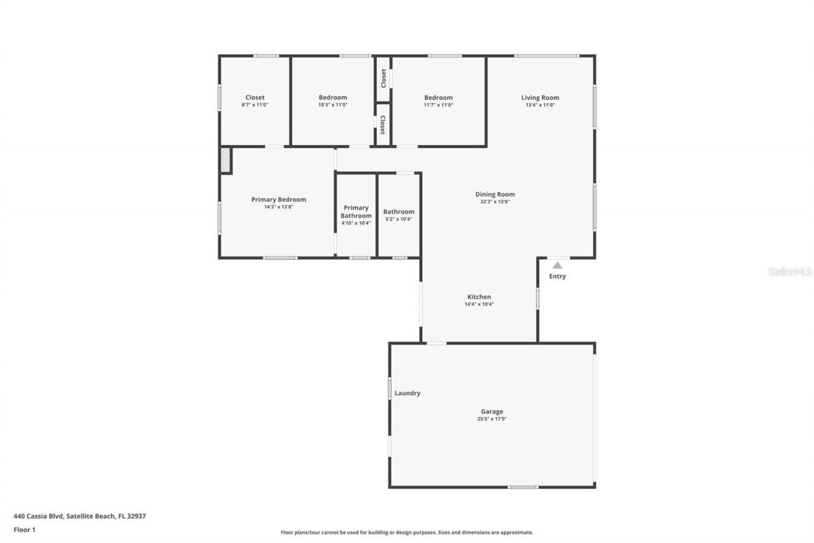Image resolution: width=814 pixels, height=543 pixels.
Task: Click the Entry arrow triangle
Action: tap(557, 265)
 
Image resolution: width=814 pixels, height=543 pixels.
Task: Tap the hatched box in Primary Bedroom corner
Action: tap(226, 160)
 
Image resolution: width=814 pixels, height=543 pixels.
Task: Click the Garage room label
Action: tap(492, 411)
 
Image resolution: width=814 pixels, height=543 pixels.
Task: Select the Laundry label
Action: tap(408, 393)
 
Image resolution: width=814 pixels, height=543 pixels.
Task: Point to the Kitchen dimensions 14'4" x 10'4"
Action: tap(479, 304)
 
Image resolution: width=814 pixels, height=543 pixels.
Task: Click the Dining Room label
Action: tap(495, 194)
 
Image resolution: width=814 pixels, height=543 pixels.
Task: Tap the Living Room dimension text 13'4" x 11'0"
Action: tap(540, 105)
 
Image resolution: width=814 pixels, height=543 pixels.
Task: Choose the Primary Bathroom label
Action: tap(356, 212)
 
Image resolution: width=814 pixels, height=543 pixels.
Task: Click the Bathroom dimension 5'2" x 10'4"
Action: tap(399, 219)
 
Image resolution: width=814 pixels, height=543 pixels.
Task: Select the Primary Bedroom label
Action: tap(279, 199)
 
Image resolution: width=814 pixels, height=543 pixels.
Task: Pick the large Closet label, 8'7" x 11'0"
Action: tap(255, 97)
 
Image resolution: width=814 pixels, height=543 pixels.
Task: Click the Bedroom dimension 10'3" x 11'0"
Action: tap(333, 105)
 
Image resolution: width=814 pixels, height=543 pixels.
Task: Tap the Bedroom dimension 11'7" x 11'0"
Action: tap(438, 105)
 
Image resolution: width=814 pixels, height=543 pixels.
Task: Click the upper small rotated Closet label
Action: tap(383, 78)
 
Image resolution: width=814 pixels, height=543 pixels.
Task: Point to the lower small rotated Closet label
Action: tap(383, 125)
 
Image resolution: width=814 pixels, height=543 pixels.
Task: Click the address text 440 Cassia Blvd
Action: tap(39, 516)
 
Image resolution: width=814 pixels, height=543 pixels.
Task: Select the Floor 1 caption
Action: tap(25, 530)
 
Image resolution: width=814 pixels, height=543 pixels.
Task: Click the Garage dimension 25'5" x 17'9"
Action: tap(492, 419)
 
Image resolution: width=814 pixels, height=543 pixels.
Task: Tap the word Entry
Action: tap(558, 276)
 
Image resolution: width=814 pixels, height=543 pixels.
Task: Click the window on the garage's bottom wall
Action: tap(523, 487)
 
